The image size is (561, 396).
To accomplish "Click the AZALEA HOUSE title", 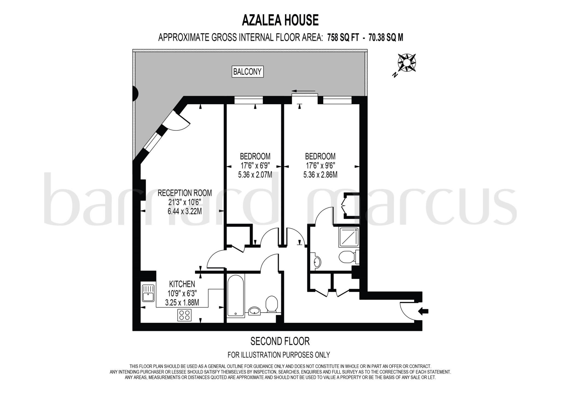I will click(280, 20).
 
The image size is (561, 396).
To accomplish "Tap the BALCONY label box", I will click(247, 71).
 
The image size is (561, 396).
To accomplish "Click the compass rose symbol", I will click(407, 63).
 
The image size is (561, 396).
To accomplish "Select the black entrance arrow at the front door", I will click(423, 311).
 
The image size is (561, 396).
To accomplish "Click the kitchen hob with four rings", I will click(184, 315).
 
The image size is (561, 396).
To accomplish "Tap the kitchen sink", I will click(148, 293).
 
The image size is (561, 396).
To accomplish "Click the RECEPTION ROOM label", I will click(185, 193).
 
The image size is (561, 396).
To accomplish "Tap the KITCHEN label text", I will click(182, 284).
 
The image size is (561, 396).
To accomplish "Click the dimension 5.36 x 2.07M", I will click(255, 175).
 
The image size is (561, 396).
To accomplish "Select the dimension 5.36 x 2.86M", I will click(320, 175).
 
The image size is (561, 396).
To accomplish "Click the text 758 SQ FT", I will click(343, 38).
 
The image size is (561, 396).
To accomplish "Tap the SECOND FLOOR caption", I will click(280, 341).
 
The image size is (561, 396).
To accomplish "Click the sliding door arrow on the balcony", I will click(303, 91).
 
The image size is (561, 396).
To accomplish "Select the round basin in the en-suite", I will click(317, 262).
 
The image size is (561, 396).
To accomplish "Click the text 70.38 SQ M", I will click(386, 38).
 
